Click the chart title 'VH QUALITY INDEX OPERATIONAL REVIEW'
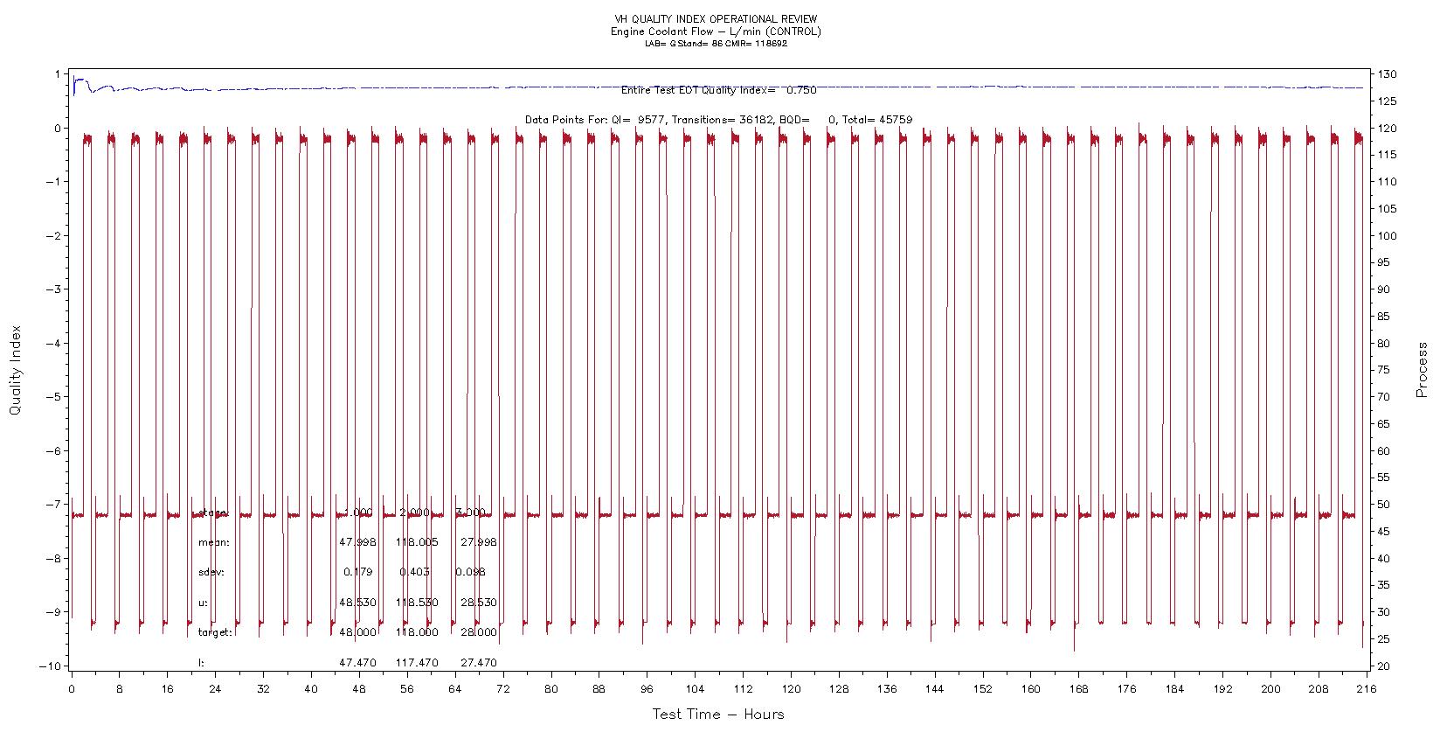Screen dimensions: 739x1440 [x=716, y=19]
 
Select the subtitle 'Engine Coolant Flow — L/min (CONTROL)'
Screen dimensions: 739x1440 [x=716, y=31]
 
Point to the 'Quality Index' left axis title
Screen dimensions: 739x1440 [x=15, y=370]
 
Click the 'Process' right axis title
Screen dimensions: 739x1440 [x=1422, y=370]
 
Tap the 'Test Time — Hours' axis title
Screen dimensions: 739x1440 [x=718, y=715]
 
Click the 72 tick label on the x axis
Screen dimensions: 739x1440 [x=502, y=689]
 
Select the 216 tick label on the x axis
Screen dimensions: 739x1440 [x=1365, y=689]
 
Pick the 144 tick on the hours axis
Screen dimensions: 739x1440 [x=934, y=689]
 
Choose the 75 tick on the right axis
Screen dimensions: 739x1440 [x=1386, y=370]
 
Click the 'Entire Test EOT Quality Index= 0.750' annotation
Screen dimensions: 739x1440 [x=718, y=90]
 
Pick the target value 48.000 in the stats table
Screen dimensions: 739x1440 [x=358, y=632]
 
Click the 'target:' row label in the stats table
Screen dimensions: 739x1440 [x=215, y=632]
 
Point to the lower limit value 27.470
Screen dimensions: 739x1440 [x=478, y=663]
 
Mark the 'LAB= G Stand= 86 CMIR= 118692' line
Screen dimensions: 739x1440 [x=716, y=44]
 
